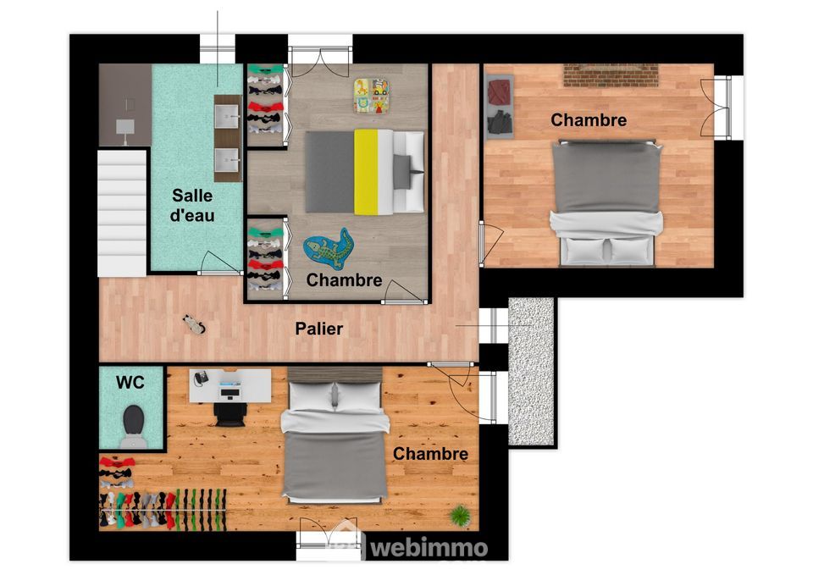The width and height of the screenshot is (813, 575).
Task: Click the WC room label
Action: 130,383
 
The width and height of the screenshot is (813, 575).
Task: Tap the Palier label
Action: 319,329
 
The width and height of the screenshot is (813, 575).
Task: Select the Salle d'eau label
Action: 192,205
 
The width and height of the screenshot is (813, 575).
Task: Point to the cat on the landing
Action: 195,324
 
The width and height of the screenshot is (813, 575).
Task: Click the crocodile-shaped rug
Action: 329,249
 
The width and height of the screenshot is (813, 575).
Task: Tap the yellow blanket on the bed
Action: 366,172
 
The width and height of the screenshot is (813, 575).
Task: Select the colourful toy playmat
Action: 372,96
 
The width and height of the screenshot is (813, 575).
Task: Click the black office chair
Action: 230,413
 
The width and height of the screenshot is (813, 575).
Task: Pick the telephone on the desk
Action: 201,379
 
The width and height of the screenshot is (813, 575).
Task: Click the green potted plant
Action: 460,516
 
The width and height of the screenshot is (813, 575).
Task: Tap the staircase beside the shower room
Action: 122,213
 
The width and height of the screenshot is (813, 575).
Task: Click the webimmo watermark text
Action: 429,548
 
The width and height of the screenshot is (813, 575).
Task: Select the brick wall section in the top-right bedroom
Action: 611,75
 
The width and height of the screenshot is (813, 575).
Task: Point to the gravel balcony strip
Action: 531,371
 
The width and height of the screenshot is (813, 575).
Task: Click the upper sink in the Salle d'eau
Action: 227,117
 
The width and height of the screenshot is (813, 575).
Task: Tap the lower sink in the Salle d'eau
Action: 227,160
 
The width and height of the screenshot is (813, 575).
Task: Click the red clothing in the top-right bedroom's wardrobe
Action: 500,91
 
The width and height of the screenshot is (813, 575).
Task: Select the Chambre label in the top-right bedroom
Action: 589,120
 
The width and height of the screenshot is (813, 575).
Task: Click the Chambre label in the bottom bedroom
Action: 430,454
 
